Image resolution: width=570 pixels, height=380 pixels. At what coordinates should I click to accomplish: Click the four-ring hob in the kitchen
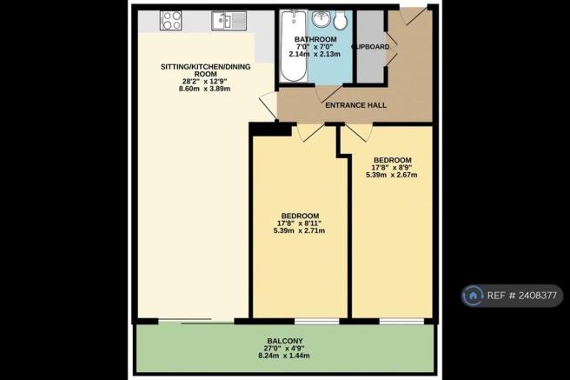pyautogui.click(x=170, y=20)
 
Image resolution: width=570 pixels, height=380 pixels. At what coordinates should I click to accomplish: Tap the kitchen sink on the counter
pyautogui.click(x=229, y=20)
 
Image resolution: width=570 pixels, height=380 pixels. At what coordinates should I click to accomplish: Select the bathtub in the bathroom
pyautogui.click(x=294, y=46)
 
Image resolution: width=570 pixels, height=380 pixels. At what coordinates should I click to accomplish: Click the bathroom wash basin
pyautogui.click(x=321, y=19)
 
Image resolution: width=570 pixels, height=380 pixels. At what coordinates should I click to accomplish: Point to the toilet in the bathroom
pyautogui.click(x=341, y=20)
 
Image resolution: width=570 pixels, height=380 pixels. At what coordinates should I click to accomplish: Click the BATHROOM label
pyautogui.click(x=315, y=39)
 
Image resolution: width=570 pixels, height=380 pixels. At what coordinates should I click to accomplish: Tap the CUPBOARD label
pyautogui.click(x=370, y=47)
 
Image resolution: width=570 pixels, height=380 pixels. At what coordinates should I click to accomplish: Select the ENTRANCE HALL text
pyautogui.click(x=356, y=105)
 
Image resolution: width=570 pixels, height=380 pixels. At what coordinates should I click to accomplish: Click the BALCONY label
pyautogui.click(x=285, y=341)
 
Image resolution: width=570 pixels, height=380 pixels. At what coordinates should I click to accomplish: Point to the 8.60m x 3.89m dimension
pyautogui.click(x=205, y=89)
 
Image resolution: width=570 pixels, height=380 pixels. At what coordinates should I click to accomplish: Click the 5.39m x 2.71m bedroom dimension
pyautogui.click(x=299, y=230)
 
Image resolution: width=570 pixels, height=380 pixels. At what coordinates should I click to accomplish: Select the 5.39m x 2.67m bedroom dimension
pyautogui.click(x=392, y=175)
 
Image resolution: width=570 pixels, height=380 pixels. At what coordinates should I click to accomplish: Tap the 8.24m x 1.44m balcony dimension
pyautogui.click(x=284, y=356)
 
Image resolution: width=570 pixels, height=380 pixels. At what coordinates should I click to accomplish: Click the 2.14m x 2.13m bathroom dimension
pyautogui.click(x=315, y=54)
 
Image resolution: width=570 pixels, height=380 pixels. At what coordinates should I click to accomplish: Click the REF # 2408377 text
pyautogui.click(x=521, y=296)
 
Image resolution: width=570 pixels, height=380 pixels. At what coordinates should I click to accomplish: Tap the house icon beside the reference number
pyautogui.click(x=473, y=296)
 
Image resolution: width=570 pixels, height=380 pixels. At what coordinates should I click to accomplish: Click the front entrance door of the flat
pyautogui.click(x=414, y=16)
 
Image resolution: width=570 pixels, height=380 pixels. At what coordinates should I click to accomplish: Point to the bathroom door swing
pyautogui.click(x=328, y=94)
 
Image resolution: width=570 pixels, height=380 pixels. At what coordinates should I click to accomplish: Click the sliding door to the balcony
pyautogui.click(x=196, y=321)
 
